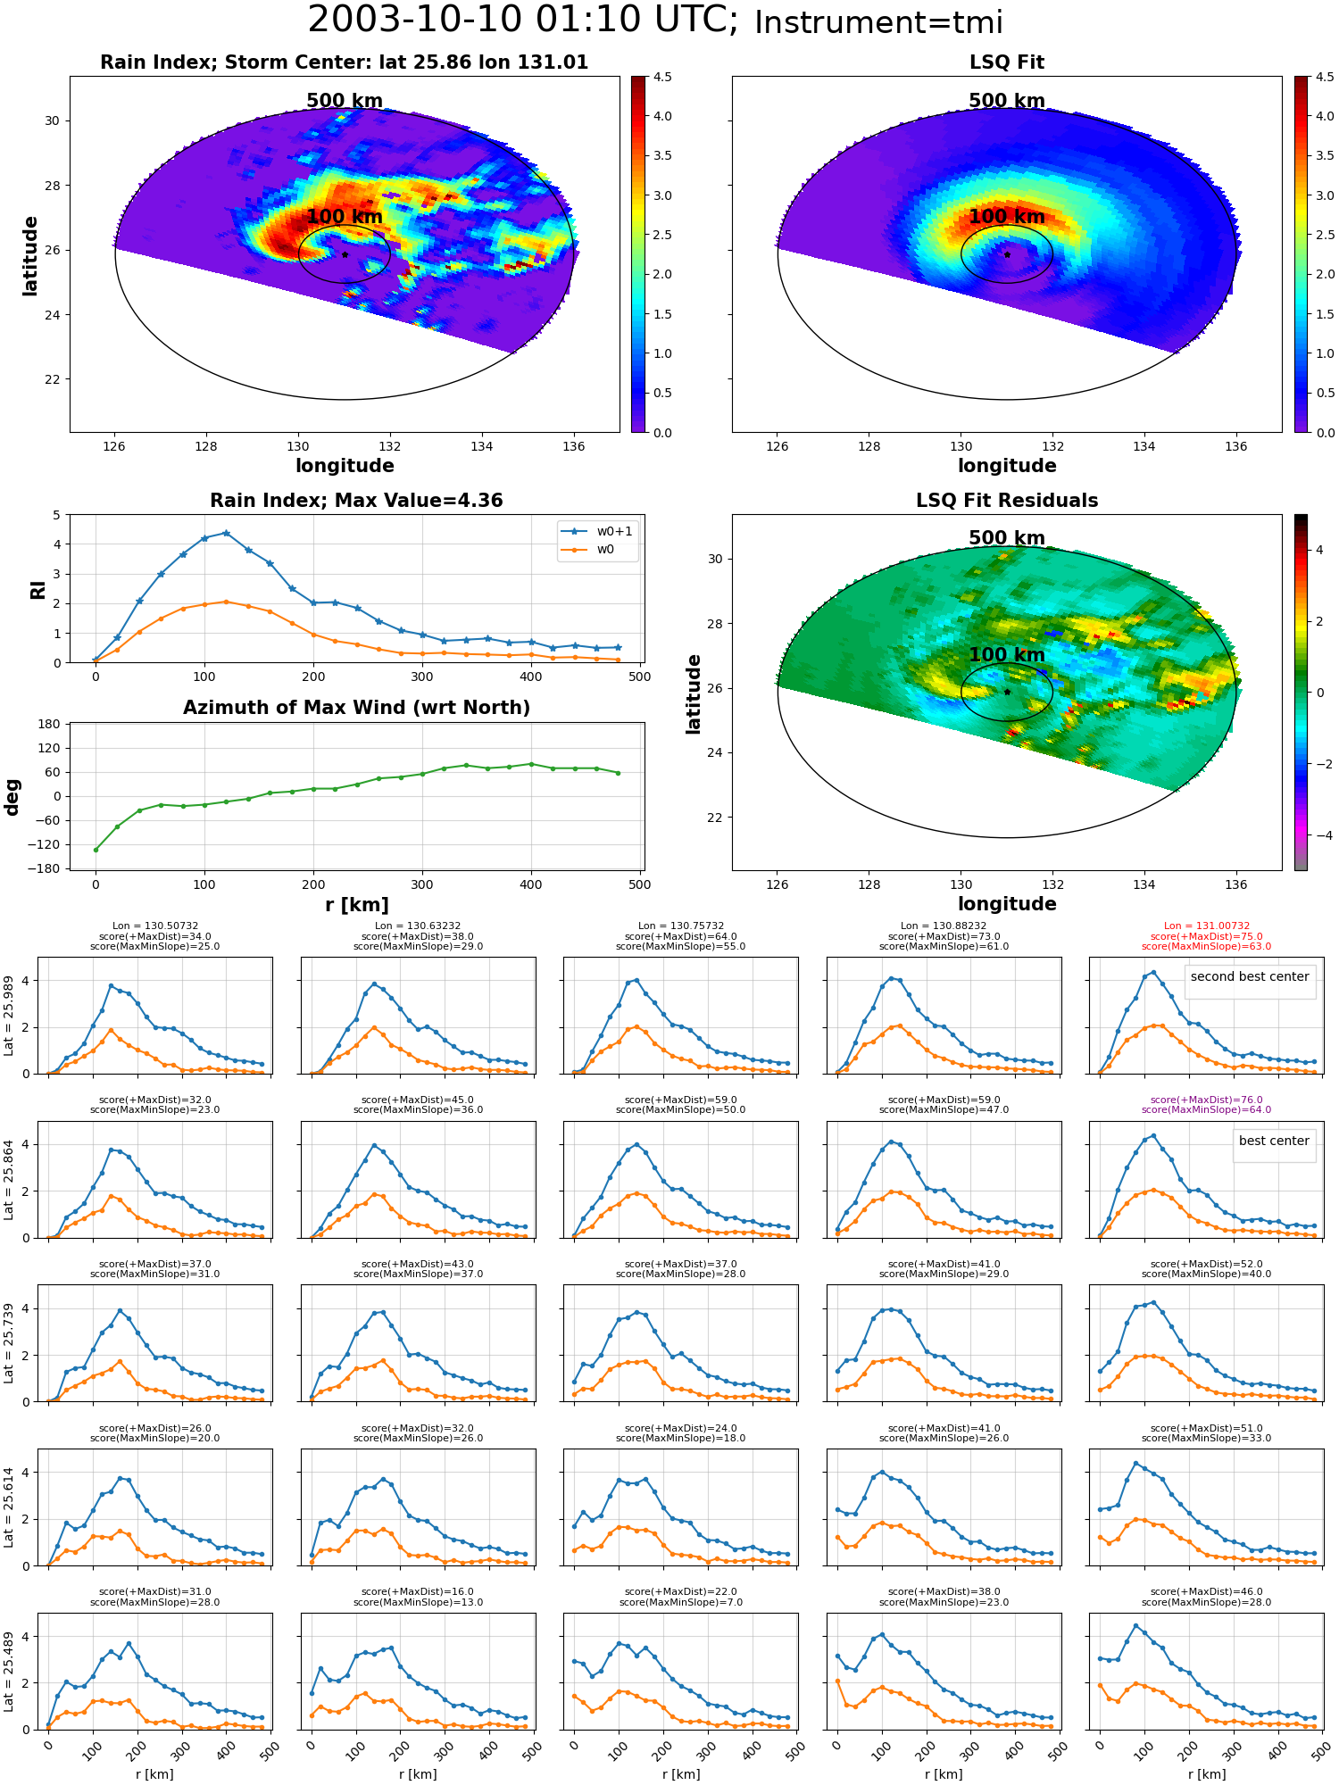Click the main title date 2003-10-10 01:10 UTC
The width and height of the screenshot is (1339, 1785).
pyautogui.click(x=522, y=20)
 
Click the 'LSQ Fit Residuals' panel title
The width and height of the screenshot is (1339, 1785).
pyautogui.click(x=1007, y=501)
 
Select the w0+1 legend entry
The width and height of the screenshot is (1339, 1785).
pyautogui.click(x=596, y=531)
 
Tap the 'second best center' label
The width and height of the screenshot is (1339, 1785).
pyautogui.click(x=1250, y=976)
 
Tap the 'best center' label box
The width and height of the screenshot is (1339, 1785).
pyautogui.click(x=1274, y=1141)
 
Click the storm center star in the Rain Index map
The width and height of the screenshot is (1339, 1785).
pyautogui.click(x=345, y=254)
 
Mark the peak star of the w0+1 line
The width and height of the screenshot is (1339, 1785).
pyautogui.click(x=227, y=533)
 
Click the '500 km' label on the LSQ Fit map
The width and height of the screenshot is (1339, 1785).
pyautogui.click(x=1007, y=101)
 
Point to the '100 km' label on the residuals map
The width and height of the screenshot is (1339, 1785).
pyautogui.click(x=1007, y=655)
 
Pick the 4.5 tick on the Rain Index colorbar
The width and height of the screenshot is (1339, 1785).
pyautogui.click(x=662, y=77)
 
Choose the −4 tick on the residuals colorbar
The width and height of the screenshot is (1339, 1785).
pyautogui.click(x=1319, y=835)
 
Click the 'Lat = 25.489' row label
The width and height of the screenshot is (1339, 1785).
pyautogui.click(x=9, y=1672)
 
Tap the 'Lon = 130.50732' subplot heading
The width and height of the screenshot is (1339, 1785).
pyautogui.click(x=155, y=926)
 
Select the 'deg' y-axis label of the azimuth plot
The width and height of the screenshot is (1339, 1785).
pyautogui.click(x=12, y=797)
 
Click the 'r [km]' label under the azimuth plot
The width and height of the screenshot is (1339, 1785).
pyautogui.click(x=357, y=905)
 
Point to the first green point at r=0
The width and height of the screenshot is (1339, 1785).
pyautogui.click(x=96, y=850)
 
